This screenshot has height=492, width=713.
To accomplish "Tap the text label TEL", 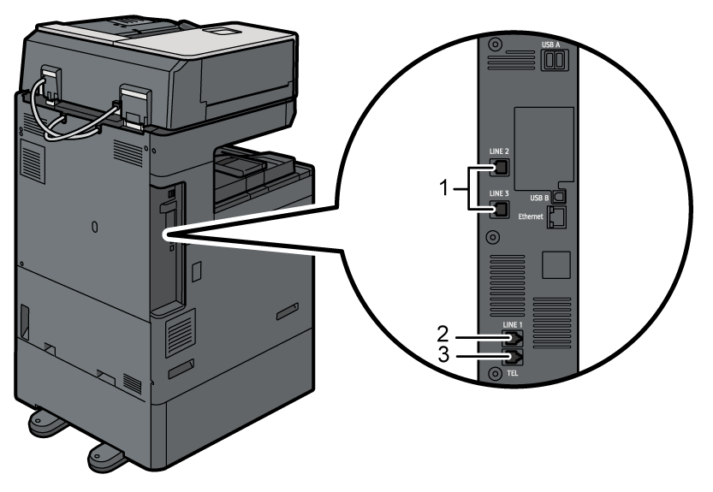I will (x=511, y=374).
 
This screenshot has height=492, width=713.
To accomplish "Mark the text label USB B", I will (x=539, y=197).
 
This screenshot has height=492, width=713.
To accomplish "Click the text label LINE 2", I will (x=499, y=151).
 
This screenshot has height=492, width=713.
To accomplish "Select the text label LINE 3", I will (x=499, y=193).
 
